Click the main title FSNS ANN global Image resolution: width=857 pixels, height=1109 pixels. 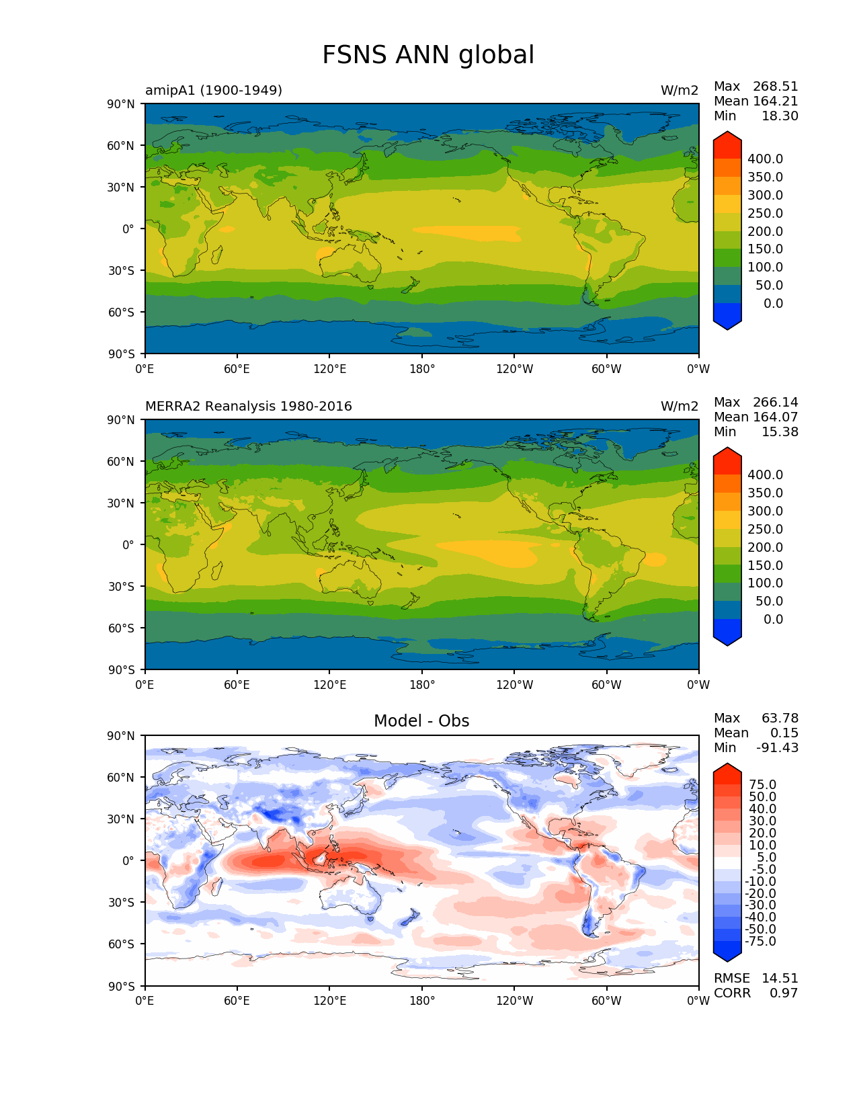coord(428,55)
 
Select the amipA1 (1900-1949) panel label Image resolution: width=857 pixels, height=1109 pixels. coord(214,90)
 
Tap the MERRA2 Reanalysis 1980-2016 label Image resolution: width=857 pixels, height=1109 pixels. coord(249,406)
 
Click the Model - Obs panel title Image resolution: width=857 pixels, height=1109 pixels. coord(421,721)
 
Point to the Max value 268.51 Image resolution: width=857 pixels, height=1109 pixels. coord(776,86)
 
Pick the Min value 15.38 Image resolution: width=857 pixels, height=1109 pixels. coord(780,432)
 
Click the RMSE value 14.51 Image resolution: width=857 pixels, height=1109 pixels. coord(780,978)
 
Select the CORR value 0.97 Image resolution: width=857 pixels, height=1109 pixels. coord(784,993)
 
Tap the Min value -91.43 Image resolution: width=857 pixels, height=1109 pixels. coord(778,747)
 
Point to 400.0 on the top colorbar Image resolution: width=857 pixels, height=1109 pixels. coord(766,159)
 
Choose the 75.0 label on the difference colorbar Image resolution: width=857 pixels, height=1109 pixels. coord(763,784)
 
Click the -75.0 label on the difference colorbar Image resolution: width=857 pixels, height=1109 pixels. coord(761,941)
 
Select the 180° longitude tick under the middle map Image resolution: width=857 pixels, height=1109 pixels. coord(422,685)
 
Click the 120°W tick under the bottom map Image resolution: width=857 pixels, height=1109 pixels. coord(514,1001)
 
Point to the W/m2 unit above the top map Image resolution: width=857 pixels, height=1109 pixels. coord(680,90)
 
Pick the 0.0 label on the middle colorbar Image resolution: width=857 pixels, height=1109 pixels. coord(773,619)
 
